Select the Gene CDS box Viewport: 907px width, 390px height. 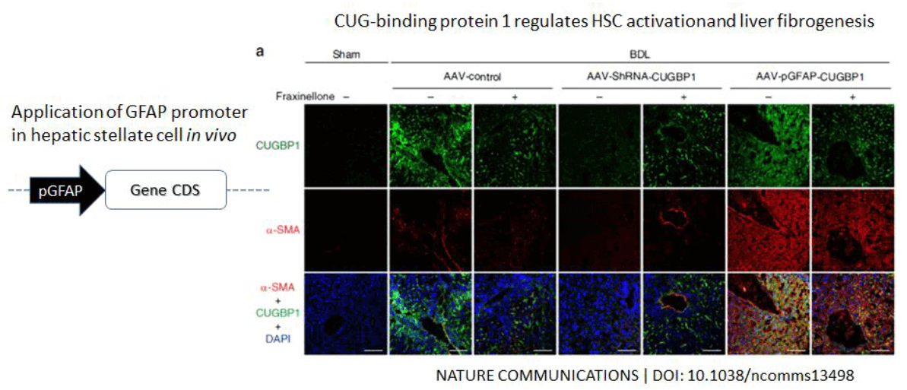(x=165, y=190)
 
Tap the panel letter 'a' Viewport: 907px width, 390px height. (x=260, y=52)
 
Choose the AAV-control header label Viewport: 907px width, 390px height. (x=473, y=75)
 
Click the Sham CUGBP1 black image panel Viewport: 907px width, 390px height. (x=345, y=147)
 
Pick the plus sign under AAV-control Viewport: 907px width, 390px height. (x=514, y=97)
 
